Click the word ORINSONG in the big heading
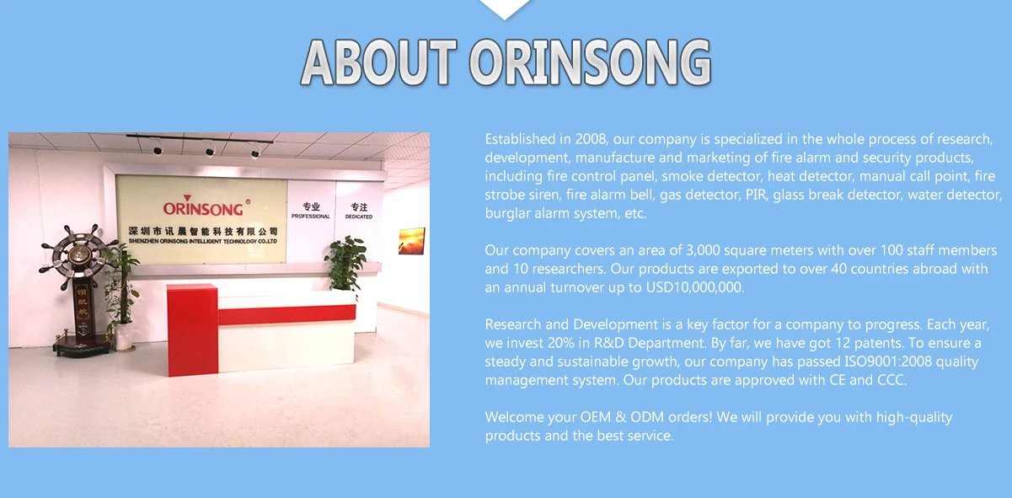[590, 63]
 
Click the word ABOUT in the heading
[378, 63]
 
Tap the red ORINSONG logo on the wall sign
[203, 207]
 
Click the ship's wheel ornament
[79, 252]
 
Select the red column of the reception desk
[192, 329]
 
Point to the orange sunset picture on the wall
[411, 241]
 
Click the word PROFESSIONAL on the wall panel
[311, 217]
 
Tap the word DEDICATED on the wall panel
[359, 217]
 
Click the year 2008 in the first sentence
[591, 139]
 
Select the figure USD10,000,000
[693, 287]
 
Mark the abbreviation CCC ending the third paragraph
[890, 380]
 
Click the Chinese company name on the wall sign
[203, 232]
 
